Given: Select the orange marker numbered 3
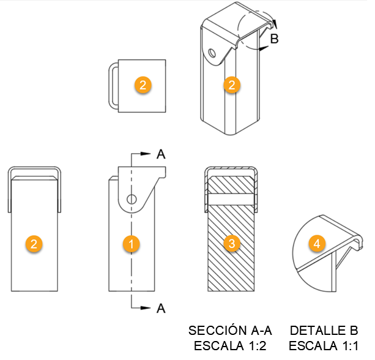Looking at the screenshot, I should coord(231,244).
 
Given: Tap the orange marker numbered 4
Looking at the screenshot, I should coord(316,244).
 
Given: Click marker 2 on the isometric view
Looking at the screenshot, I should coord(231,84).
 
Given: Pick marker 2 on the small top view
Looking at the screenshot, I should coord(142,85).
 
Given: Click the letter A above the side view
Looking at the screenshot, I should coord(161,154).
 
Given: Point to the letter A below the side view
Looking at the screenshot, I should coord(161,308).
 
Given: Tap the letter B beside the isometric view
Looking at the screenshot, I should coord(275,39).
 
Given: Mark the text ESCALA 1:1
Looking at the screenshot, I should coord(324,346).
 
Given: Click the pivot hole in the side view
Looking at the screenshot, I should coord(131,199).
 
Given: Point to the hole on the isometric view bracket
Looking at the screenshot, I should coord(212,54).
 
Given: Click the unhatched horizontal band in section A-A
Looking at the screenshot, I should coord(231,199).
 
